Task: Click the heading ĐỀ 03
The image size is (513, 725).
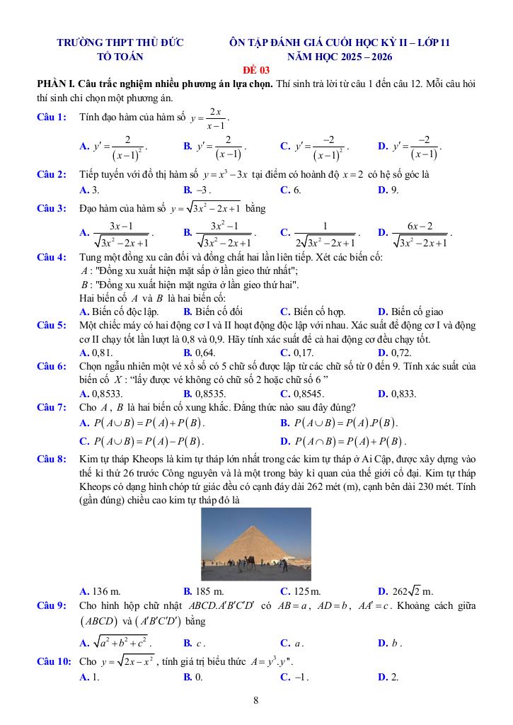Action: [256, 69]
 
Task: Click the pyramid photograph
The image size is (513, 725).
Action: [255, 544]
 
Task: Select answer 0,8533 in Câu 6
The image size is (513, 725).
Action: [102, 394]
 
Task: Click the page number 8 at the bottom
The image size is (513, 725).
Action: [256, 702]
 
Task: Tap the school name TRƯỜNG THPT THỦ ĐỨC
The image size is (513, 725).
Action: [120, 42]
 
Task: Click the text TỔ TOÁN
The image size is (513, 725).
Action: [120, 57]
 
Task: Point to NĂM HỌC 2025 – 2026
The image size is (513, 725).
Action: [340, 57]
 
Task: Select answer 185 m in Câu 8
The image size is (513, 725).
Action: [204, 590]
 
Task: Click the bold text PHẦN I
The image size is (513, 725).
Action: [57, 84]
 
